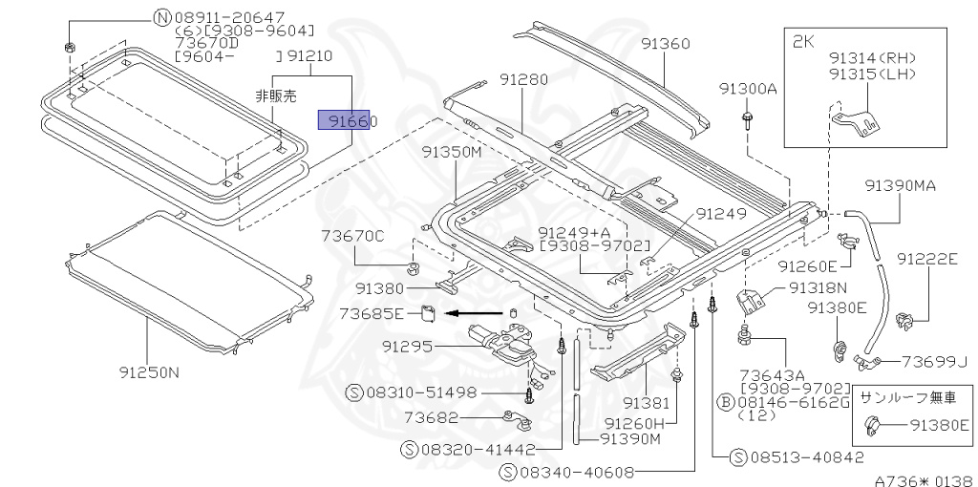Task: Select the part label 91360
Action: coord(666,44)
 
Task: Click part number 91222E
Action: coord(926,259)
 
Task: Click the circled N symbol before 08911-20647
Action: coord(161,17)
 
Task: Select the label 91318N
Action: coord(819,287)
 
